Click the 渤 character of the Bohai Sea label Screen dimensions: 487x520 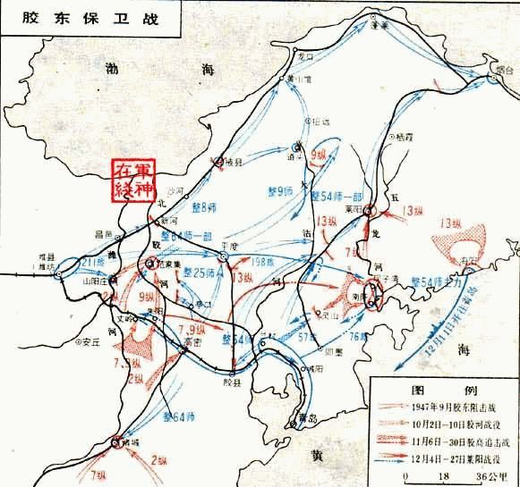[x=112, y=67]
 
